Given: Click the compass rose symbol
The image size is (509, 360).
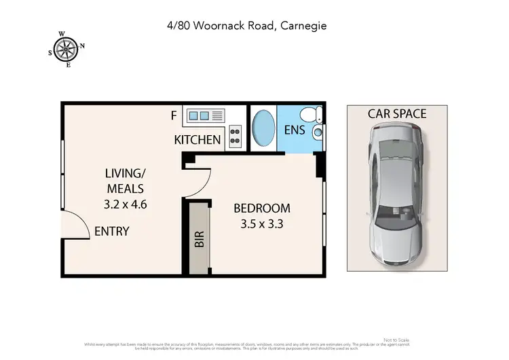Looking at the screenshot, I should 66,48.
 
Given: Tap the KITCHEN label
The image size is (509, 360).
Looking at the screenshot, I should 197,140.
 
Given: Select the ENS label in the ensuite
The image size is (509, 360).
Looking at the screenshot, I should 294,130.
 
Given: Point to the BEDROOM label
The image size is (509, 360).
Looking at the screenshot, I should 261,208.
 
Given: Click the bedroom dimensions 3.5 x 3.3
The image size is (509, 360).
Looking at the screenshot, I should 261,223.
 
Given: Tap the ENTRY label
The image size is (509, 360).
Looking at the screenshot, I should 111,232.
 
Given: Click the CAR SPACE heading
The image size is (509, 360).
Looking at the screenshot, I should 397,113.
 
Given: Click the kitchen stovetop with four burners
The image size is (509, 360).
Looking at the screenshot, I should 235,136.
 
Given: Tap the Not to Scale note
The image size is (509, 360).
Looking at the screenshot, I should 396,340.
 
